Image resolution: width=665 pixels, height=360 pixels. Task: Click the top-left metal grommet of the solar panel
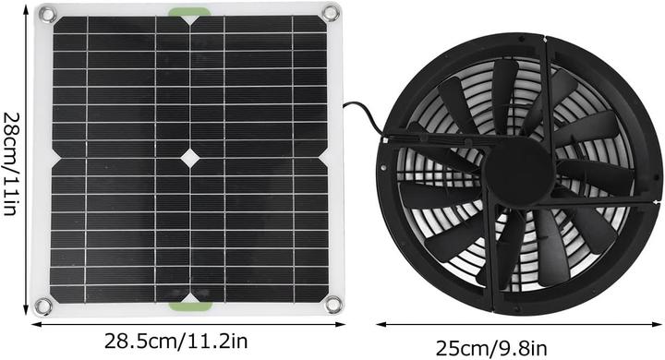(47, 14)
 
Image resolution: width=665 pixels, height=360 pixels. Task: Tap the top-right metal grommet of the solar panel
(331, 12)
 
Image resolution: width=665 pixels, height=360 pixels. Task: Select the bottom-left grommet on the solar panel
(42, 306)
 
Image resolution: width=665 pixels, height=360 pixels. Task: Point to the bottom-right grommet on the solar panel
(333, 304)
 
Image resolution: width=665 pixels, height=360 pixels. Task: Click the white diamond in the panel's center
(188, 158)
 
